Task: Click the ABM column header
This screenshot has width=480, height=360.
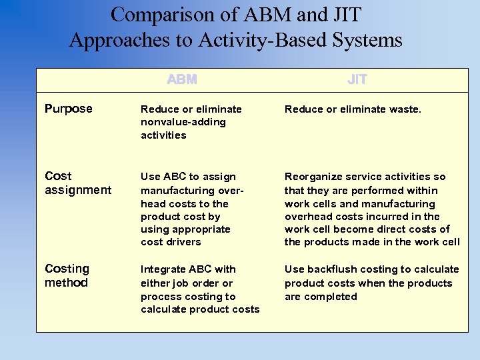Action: coord(182,80)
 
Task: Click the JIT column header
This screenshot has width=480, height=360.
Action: coord(357,80)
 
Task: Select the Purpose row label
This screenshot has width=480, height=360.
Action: coord(68,109)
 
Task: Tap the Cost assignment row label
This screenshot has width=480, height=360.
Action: coord(77,183)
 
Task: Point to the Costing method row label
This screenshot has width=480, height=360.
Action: coord(67,276)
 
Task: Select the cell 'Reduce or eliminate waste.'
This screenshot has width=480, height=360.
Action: coord(353,109)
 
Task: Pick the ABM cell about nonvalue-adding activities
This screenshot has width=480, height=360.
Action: coord(191,122)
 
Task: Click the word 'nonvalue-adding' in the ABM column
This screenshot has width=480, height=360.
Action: coord(183,122)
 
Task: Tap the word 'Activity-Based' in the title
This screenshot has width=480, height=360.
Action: coord(254,40)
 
